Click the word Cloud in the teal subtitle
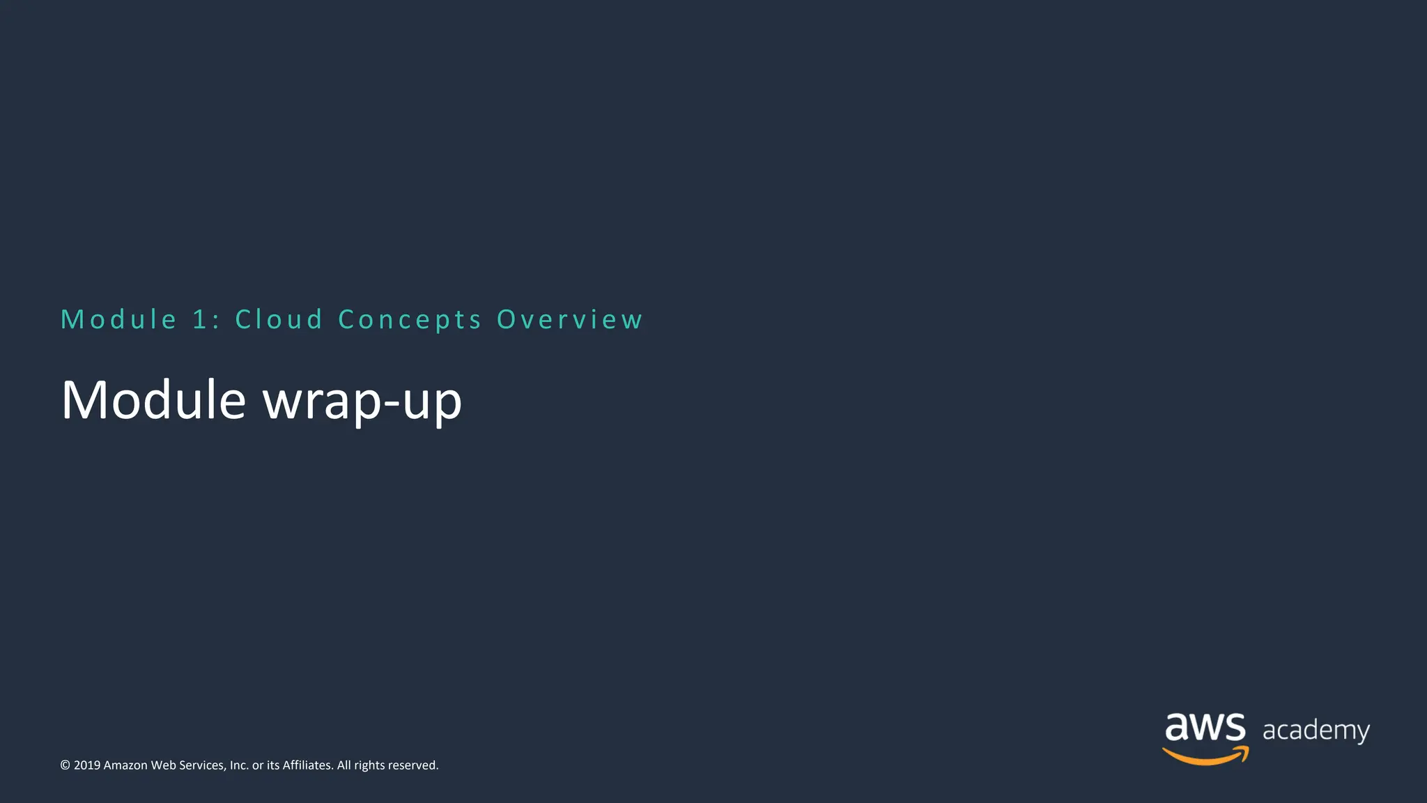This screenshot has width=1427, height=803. (x=279, y=319)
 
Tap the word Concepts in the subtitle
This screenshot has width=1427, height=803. (x=410, y=319)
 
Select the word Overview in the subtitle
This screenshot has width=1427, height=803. (x=569, y=319)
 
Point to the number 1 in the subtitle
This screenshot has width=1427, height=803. (x=200, y=319)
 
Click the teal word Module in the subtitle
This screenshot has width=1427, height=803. (x=119, y=319)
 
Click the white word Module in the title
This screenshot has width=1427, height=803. (x=153, y=400)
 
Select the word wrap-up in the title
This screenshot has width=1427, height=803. (x=362, y=401)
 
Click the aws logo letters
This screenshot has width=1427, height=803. (x=1205, y=728)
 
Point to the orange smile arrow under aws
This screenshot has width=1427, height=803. (x=1205, y=756)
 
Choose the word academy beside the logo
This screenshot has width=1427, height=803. (x=1316, y=731)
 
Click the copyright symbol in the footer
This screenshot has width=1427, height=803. (x=65, y=765)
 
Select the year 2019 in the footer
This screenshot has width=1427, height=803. (x=87, y=765)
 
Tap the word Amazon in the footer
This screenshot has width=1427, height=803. (x=125, y=765)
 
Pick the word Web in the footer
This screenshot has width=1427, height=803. (x=163, y=765)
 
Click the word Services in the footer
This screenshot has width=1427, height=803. (x=203, y=765)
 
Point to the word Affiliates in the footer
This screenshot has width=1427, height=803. (x=307, y=765)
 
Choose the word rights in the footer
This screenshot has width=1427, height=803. (x=369, y=765)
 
